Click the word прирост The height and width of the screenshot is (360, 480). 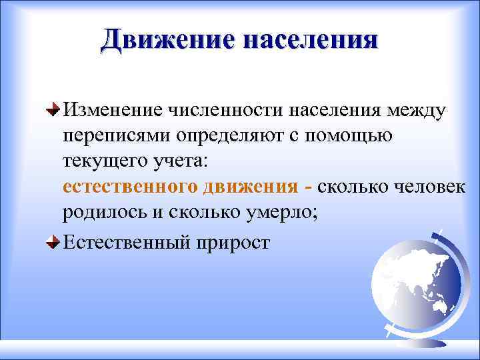232,243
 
